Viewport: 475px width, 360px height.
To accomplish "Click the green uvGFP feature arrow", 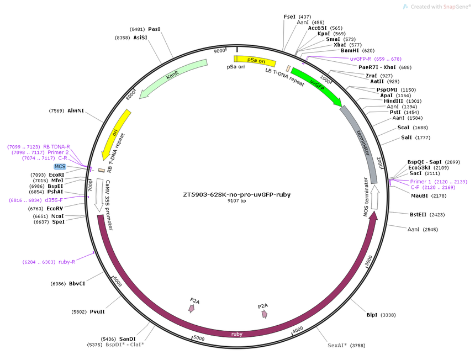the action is (316, 86).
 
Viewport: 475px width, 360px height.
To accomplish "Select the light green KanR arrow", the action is (173, 77).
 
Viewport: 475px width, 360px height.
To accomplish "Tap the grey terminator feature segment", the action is (362, 143).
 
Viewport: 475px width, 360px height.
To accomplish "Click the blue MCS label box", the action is (60, 167).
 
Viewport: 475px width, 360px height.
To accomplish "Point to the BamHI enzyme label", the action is (350, 51).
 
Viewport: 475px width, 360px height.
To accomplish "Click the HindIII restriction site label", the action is (393, 101).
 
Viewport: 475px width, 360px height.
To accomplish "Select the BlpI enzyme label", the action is (372, 315).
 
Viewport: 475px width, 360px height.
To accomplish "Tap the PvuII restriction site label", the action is (97, 311).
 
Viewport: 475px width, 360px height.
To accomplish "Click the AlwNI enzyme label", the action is (76, 111).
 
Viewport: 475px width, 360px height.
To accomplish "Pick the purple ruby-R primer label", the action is (67, 262).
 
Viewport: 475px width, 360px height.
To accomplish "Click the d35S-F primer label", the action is (54, 200).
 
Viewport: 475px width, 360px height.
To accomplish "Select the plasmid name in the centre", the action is (237, 195).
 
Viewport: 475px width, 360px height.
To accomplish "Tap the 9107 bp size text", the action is (237, 201).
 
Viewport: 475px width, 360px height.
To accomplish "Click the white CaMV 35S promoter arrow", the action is (99, 195).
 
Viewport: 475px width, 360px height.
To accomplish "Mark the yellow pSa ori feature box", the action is (255, 61).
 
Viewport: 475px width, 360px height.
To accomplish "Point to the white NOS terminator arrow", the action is (374, 197).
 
